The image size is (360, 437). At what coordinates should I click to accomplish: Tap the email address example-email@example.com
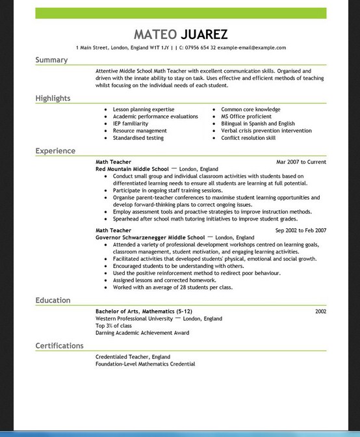click(x=251, y=47)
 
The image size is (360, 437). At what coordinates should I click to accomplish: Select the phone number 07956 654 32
click(x=196, y=47)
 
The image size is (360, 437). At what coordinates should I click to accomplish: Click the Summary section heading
click(x=51, y=60)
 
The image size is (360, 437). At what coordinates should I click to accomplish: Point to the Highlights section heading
click(x=53, y=98)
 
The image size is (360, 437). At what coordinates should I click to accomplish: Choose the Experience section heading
click(x=55, y=151)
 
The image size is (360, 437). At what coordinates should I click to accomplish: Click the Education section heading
click(x=53, y=300)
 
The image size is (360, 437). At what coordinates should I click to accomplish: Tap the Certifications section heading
click(x=60, y=346)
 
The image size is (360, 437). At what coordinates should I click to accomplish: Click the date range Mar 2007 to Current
click(x=301, y=162)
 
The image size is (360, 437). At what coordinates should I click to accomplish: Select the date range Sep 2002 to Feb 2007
click(x=300, y=230)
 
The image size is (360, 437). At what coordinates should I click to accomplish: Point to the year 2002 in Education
click(x=320, y=311)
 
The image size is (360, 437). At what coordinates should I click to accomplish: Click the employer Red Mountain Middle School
click(x=132, y=168)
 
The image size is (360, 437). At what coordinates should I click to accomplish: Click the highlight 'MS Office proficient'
click(x=247, y=116)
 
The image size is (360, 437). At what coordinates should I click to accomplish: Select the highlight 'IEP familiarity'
click(x=131, y=124)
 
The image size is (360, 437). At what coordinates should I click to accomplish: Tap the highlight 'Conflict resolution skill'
click(x=248, y=138)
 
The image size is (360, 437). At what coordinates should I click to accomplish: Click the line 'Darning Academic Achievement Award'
click(x=142, y=333)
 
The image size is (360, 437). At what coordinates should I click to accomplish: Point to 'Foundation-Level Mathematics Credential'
click(x=145, y=364)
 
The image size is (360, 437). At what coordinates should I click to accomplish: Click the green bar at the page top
click(x=181, y=13)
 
